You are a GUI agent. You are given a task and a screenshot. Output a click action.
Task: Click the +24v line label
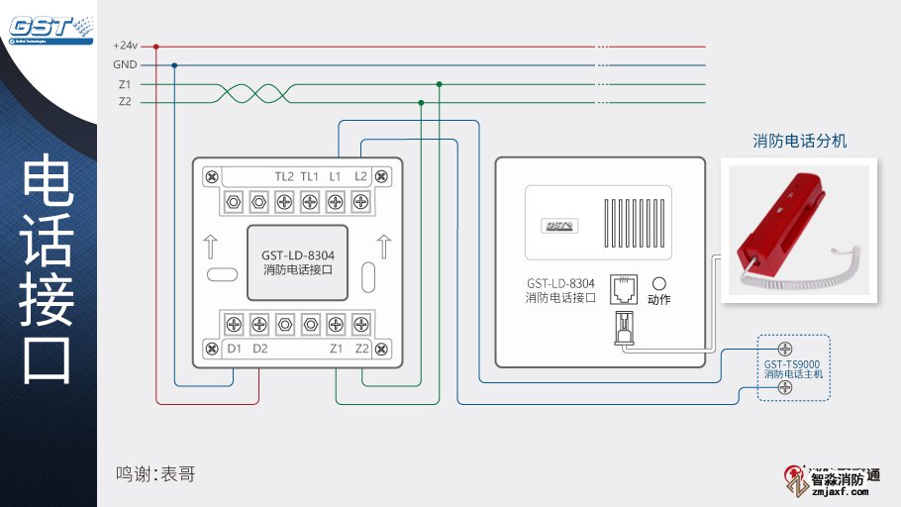125,46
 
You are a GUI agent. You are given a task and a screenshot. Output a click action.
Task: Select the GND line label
125,64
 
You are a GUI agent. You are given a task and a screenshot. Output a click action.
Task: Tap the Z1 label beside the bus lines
125,84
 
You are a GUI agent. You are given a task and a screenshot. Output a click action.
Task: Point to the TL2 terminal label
284,176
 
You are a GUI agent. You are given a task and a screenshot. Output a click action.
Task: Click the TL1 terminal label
310,176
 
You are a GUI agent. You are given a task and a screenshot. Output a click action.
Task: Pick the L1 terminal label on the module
336,176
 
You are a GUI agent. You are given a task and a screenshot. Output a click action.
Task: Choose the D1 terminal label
235,349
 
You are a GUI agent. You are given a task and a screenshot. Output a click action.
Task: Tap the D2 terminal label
259,349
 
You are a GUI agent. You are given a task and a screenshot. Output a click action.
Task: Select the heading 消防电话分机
800,141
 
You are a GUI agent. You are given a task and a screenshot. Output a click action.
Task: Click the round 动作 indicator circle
658,283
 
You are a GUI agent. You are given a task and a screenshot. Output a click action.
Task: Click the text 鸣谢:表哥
155,474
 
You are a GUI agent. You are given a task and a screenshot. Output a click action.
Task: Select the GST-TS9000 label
792,363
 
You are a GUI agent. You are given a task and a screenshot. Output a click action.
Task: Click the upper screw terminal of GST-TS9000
784,349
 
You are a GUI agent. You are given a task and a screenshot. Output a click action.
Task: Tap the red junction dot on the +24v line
156,46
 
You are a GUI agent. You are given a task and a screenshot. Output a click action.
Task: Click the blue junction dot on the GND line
175,65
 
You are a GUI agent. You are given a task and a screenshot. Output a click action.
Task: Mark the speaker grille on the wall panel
633,217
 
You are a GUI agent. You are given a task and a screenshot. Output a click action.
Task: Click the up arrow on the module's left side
209,245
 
